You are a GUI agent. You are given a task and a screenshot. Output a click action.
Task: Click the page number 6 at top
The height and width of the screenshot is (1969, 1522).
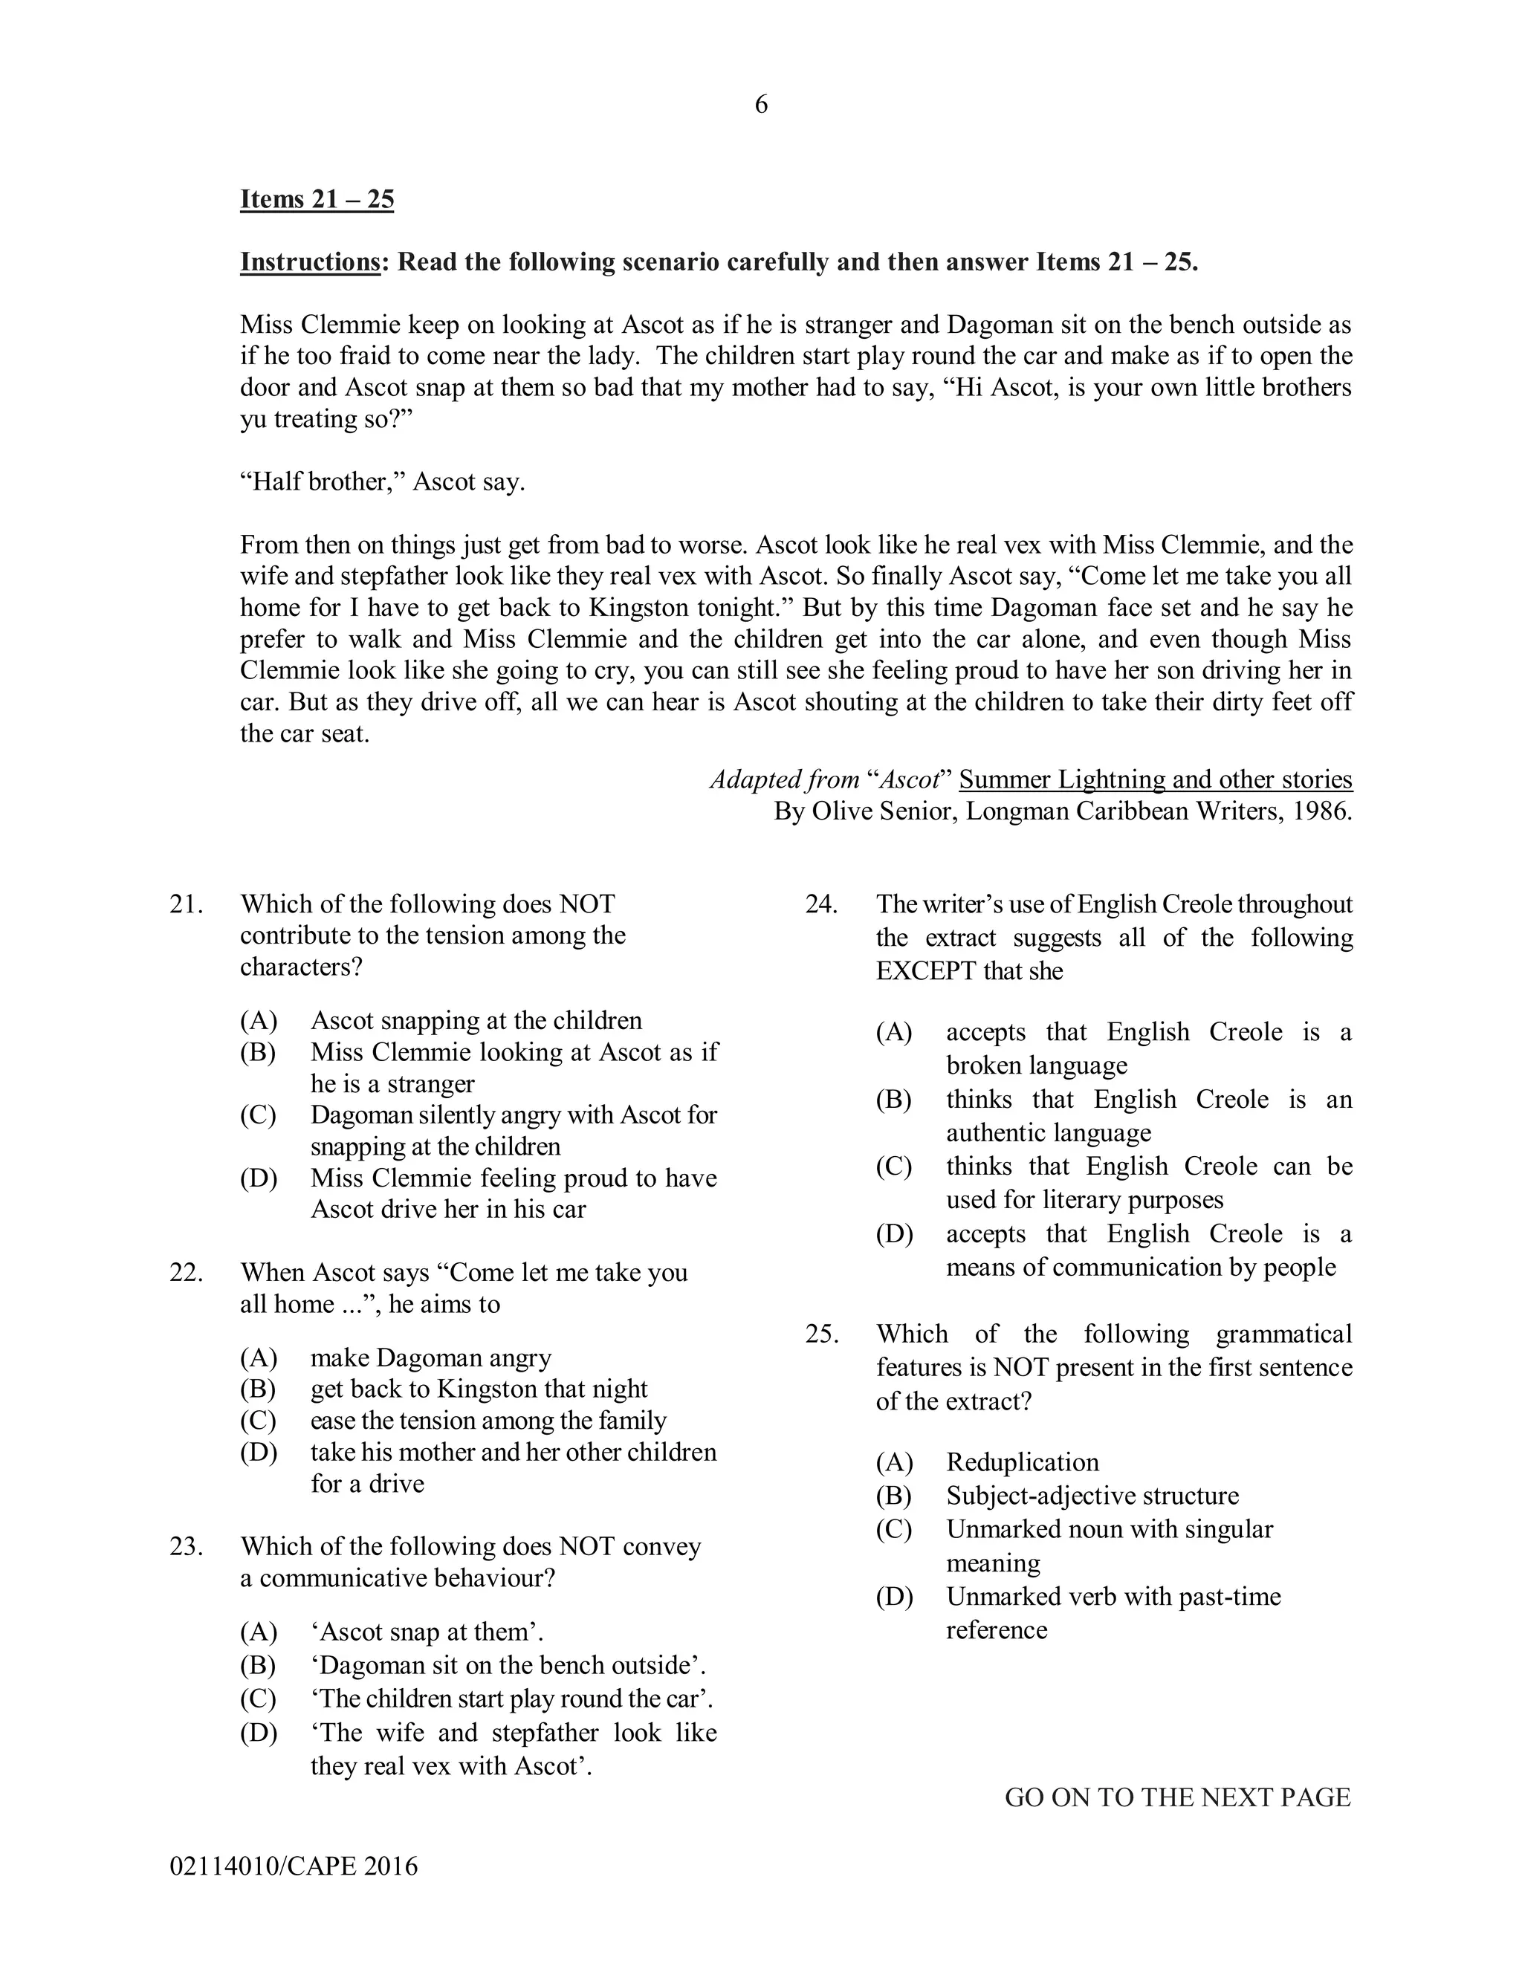(761, 106)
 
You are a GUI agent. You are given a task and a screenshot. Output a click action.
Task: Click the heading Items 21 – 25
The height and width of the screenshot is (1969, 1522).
(317, 199)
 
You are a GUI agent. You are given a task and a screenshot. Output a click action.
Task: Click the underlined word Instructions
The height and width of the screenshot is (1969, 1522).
(309, 262)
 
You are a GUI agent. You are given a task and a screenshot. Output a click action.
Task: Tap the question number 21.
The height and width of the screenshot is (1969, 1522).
(185, 904)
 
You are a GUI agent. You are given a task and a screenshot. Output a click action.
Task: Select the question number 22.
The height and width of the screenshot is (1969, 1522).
(185, 1272)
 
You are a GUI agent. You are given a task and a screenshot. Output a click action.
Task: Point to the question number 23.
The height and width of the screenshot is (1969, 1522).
(185, 1546)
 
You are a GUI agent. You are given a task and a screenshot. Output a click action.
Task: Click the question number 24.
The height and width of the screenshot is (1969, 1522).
(820, 904)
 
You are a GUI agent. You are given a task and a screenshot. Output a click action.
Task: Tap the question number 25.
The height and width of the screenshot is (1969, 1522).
(820, 1334)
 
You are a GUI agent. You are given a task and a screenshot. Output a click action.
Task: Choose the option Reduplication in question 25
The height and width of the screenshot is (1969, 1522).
(1023, 1462)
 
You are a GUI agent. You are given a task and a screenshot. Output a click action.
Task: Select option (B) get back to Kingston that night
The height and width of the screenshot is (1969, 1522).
(479, 1389)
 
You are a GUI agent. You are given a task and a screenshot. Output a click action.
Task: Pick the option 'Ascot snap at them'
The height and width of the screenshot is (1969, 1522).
(427, 1632)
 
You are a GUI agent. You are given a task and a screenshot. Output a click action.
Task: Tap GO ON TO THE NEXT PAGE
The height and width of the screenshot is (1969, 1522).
(1178, 1797)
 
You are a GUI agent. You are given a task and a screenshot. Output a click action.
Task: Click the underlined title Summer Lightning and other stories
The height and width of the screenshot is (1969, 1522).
(1155, 780)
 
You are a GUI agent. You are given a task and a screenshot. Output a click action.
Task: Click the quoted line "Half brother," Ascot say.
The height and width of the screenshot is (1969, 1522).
(382, 481)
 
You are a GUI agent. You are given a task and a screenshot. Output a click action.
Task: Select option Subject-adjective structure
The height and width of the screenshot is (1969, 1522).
(1092, 1496)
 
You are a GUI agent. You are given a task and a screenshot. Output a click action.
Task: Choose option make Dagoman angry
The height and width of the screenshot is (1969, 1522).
(430, 1357)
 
